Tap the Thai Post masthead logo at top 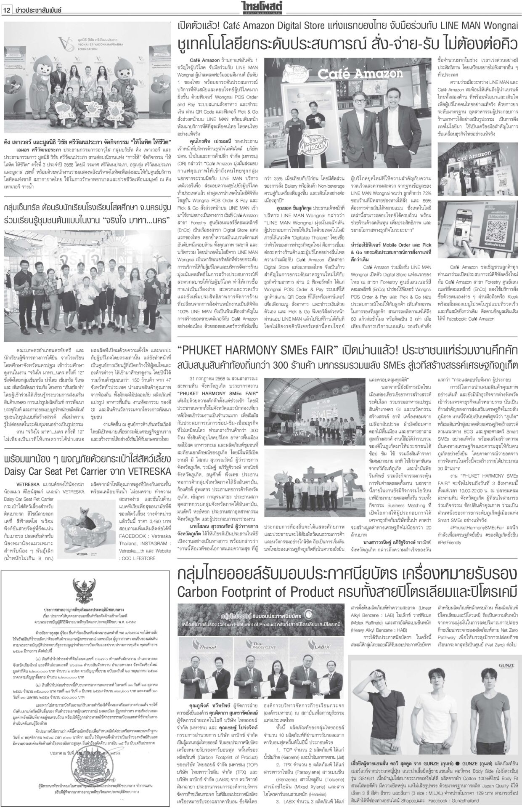(260, 6)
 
